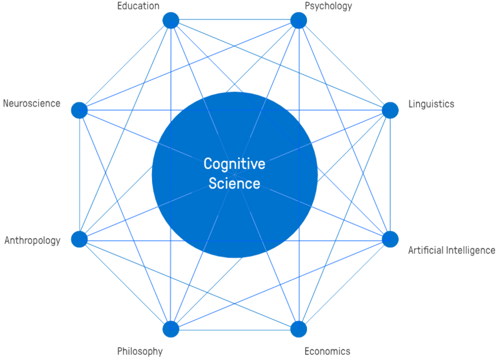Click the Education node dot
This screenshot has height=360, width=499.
[171, 21]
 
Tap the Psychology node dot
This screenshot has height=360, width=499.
[299, 21]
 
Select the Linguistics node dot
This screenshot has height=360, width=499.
[390, 110]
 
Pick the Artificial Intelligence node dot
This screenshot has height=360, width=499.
[390, 239]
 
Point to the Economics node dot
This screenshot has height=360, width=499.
[299, 329]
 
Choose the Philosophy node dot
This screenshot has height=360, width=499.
[171, 329]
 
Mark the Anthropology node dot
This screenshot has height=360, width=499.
[80, 239]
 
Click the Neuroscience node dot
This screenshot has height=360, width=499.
[80, 110]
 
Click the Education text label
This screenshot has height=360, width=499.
[138, 6]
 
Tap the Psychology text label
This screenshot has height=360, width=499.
[328, 6]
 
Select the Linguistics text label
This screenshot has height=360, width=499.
[431, 104]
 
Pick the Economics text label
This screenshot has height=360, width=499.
[327, 351]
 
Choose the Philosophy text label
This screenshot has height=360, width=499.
[140, 351]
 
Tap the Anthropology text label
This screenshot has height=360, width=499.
[32, 240]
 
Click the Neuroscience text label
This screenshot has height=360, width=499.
[32, 104]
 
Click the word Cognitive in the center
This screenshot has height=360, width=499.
[234, 164]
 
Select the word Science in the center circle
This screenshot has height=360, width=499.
[234, 183]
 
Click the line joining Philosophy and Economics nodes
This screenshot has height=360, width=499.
[234, 330]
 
